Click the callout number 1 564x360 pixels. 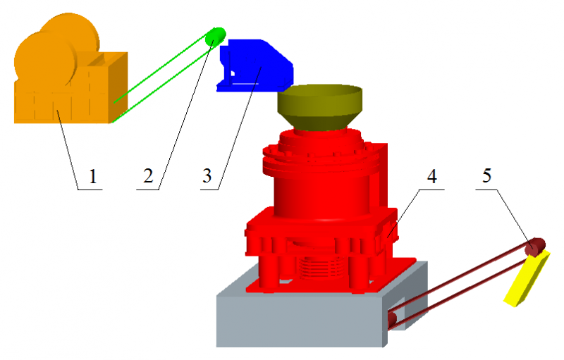[93, 176]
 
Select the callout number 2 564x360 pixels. [148, 176]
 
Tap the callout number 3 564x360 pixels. [207, 176]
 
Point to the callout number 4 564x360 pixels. [431, 176]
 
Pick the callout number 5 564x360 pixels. [486, 175]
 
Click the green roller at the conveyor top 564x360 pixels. [216, 37]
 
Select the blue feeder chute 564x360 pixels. [255, 66]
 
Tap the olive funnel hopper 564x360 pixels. [320, 107]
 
